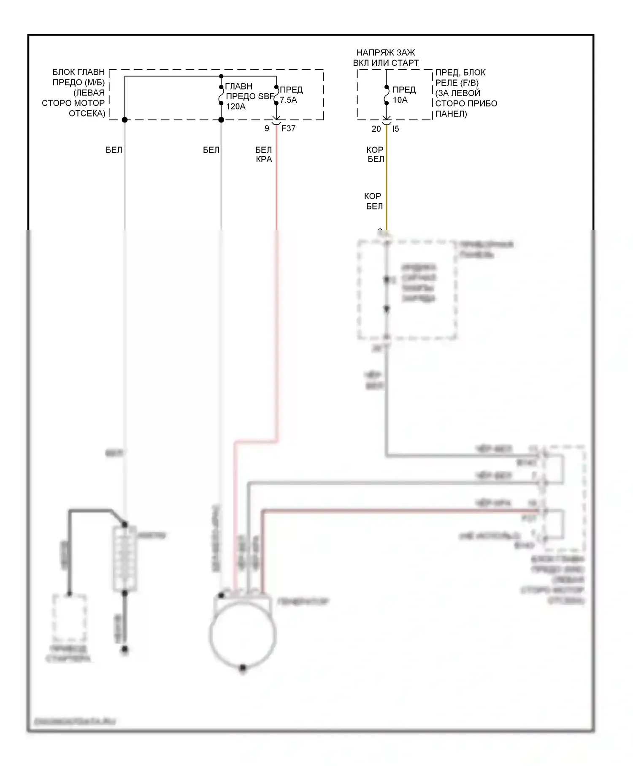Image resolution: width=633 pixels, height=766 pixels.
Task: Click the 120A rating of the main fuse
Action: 235,106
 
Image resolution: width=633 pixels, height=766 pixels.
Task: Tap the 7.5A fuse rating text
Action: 288,100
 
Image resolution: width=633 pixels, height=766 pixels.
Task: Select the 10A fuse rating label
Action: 400,100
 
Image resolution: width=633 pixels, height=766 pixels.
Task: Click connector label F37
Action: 288,128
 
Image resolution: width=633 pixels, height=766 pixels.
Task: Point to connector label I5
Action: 395,129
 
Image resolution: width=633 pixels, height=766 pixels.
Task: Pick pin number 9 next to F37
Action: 267,128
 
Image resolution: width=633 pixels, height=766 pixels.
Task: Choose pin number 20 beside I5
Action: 376,129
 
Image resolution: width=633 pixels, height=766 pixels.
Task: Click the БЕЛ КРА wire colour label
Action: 264,155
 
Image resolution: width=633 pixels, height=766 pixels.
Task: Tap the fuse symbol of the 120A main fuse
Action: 221,95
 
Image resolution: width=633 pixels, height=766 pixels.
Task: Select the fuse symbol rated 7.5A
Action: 276,95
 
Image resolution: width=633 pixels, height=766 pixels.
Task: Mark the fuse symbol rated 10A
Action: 387,95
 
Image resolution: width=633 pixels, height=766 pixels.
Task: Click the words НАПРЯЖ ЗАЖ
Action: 386,53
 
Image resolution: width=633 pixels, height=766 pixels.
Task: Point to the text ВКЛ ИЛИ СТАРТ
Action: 386,63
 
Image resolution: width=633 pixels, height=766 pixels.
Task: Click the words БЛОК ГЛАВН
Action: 78,72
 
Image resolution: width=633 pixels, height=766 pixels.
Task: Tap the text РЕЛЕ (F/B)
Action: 457,83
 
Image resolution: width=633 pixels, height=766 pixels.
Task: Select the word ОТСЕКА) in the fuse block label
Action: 87,113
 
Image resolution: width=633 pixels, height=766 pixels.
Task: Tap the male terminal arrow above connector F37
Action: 276,118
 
